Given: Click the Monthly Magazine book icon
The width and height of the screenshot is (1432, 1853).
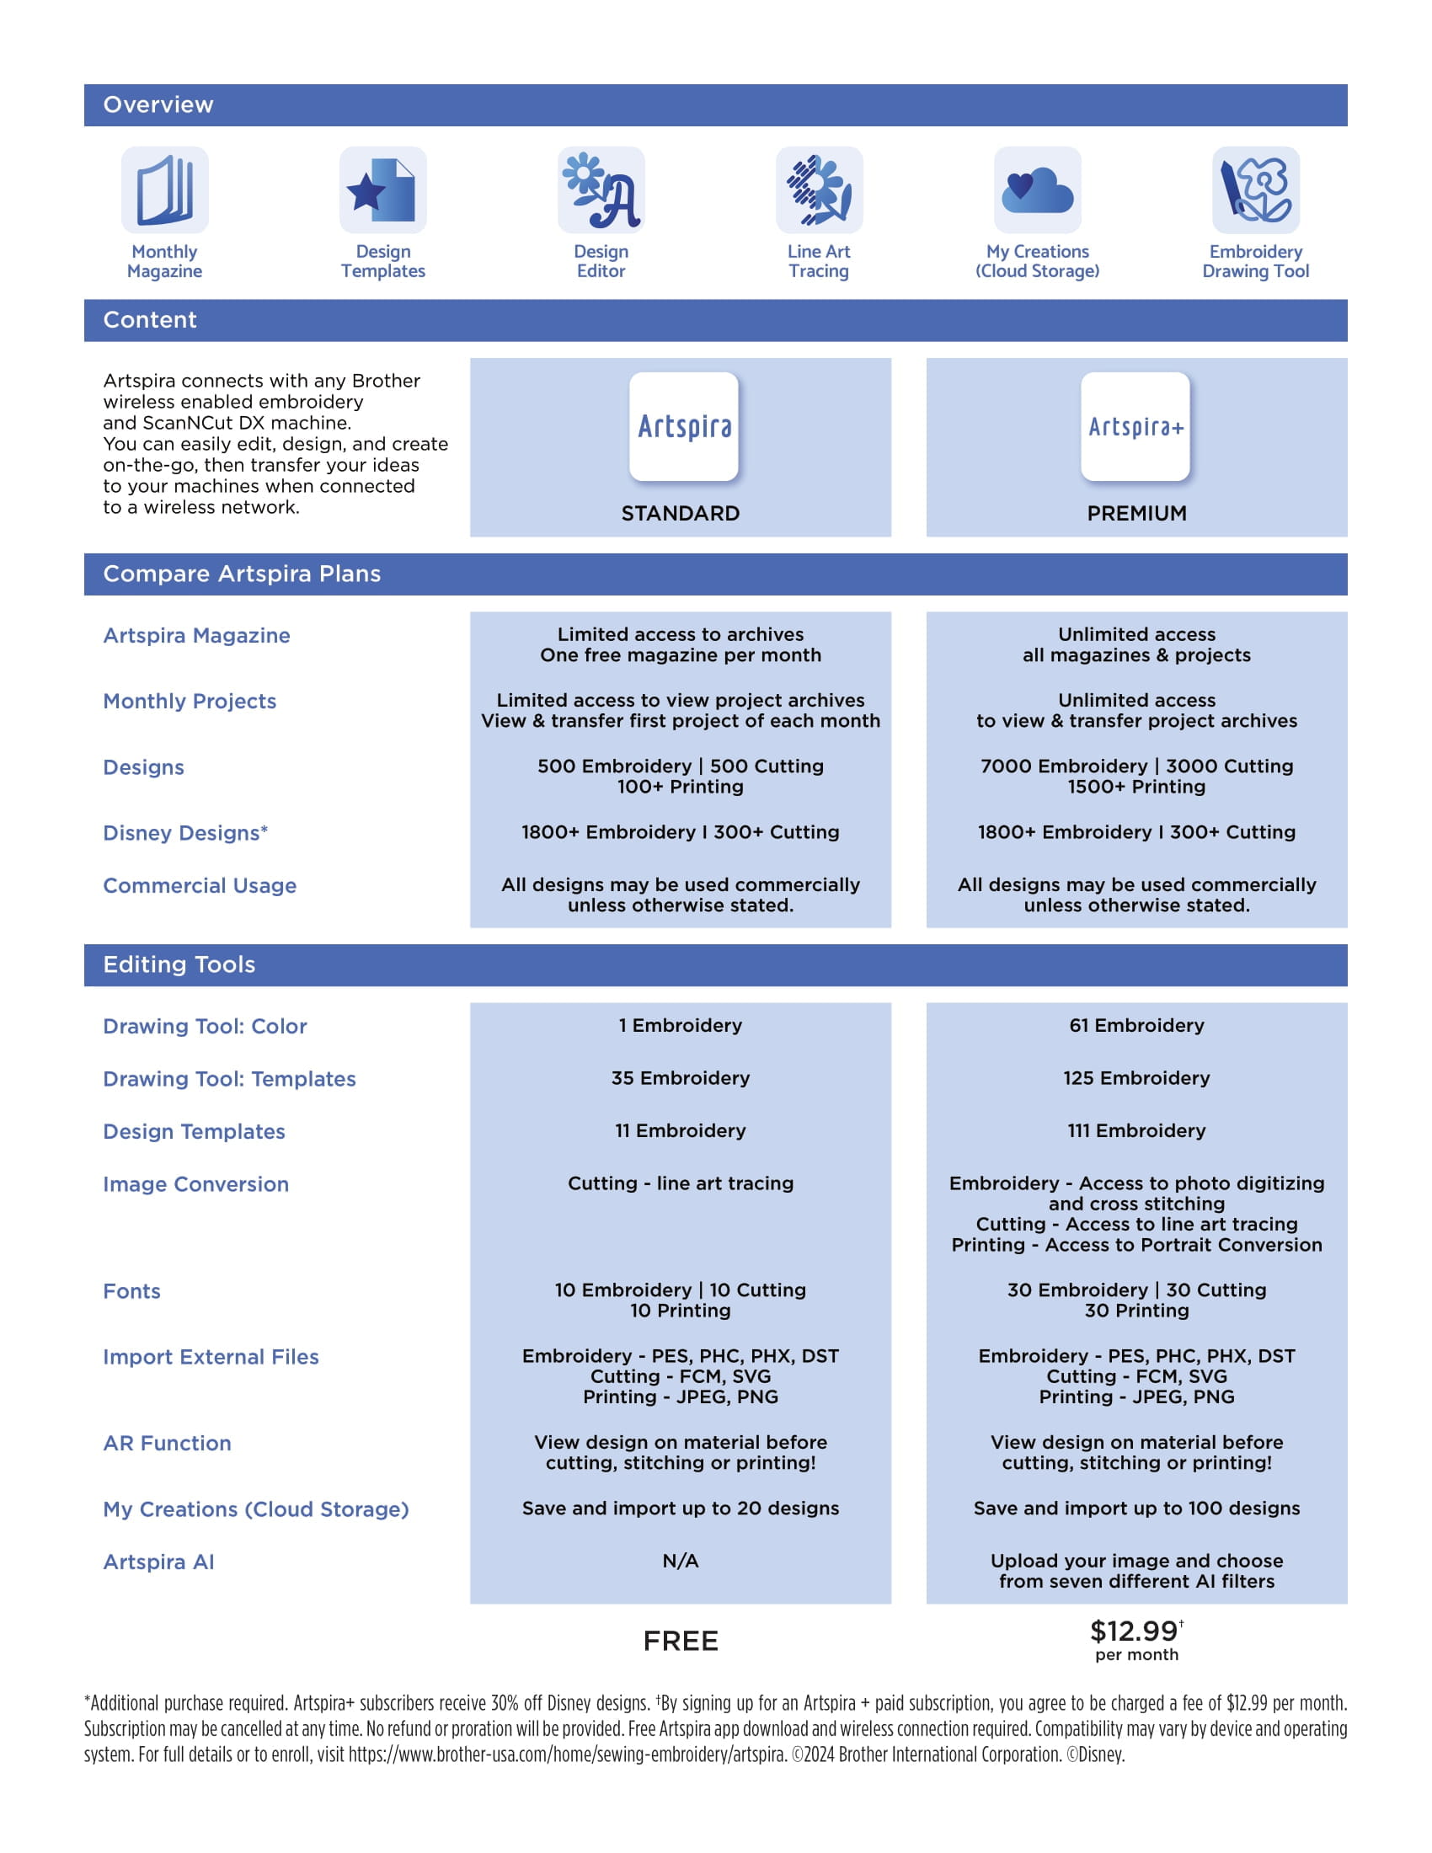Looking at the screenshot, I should pyautogui.click(x=164, y=190).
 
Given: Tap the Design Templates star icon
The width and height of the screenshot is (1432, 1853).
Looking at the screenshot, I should pyautogui.click(x=382, y=190).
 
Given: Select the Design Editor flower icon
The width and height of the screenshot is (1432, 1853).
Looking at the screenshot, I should pyautogui.click(x=601, y=190).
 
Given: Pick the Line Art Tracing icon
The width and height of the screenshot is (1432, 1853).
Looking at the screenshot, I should pyautogui.click(x=819, y=190).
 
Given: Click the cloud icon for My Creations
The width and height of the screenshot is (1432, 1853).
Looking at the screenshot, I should pyautogui.click(x=1037, y=190).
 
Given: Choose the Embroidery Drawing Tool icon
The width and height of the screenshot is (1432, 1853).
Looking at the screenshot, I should pyautogui.click(x=1255, y=190).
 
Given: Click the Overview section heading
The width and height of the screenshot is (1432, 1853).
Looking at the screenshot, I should pyautogui.click(x=158, y=105).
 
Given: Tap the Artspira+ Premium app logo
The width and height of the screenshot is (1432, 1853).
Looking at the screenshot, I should pyautogui.click(x=1135, y=427).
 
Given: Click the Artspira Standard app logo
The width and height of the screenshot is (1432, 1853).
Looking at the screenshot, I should pyautogui.click(x=684, y=427).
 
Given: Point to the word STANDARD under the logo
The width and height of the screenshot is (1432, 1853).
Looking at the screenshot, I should pyautogui.click(x=681, y=513).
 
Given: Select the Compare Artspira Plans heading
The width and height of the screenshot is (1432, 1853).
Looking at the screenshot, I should pyautogui.click(x=242, y=574).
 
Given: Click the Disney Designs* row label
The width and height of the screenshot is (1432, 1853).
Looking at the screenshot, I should pyautogui.click(x=185, y=833).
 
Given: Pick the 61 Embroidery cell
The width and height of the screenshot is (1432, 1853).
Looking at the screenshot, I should pyautogui.click(x=1136, y=1026).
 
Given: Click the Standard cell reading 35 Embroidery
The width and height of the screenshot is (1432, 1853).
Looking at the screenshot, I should pyautogui.click(x=681, y=1078).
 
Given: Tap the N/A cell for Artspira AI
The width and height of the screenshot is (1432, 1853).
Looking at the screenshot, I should pyautogui.click(x=681, y=1561).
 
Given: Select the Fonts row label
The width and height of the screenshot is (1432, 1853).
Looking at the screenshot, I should pyautogui.click(x=131, y=1291).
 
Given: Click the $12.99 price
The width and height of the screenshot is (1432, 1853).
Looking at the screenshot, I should pyautogui.click(x=1135, y=1631).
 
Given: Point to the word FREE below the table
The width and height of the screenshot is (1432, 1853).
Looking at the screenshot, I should pyautogui.click(x=681, y=1641).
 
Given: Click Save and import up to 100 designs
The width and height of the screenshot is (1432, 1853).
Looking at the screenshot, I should pyautogui.click(x=1136, y=1509).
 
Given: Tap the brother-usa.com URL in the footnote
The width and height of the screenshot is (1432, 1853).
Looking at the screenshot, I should pyautogui.click(x=567, y=1754).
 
